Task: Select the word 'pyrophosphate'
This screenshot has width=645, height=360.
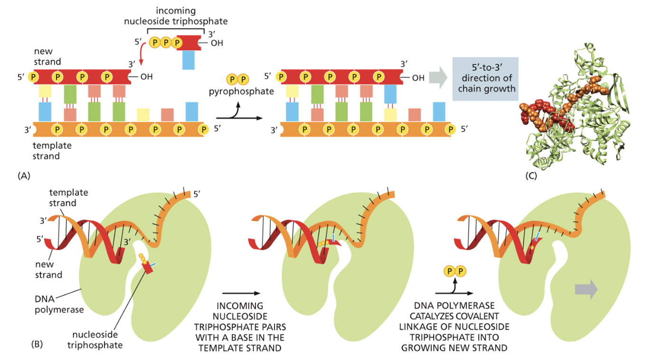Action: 241,91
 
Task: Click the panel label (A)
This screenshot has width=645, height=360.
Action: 25,175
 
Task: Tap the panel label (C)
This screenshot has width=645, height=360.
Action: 531,175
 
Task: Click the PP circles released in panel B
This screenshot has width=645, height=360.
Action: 454,272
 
